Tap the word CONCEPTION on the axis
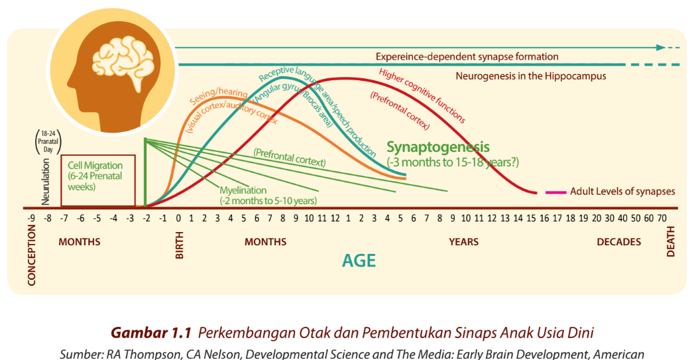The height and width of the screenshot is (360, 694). coord(32,254)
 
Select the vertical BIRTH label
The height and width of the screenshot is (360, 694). coord(180,245)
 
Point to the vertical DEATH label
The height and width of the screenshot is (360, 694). coord(670,242)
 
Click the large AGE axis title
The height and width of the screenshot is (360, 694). coord(359,261)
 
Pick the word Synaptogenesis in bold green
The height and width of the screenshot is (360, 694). coord(437,147)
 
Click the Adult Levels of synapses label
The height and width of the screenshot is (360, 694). coord(622,192)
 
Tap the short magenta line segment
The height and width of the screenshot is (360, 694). coord(555,192)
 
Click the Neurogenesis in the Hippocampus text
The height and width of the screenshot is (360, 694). coord(530,76)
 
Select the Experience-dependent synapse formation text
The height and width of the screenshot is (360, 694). coord(467,57)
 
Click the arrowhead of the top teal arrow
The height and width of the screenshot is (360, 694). coord(660,48)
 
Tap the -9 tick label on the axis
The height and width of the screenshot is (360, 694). coord(30,218)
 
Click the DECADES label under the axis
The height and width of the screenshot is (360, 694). coord(618,242)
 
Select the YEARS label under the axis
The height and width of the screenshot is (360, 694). coord(463,242)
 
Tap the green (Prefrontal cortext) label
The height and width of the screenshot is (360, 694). coord(290,157)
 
